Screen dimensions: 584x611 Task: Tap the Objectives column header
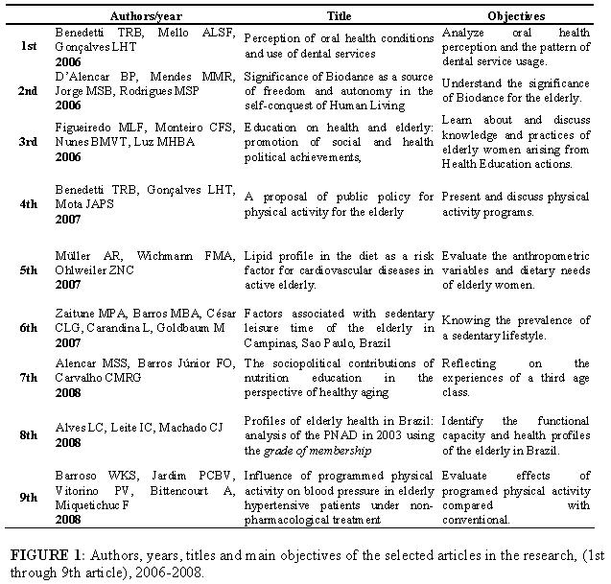[517, 16]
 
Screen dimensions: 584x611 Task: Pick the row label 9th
[30, 499]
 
